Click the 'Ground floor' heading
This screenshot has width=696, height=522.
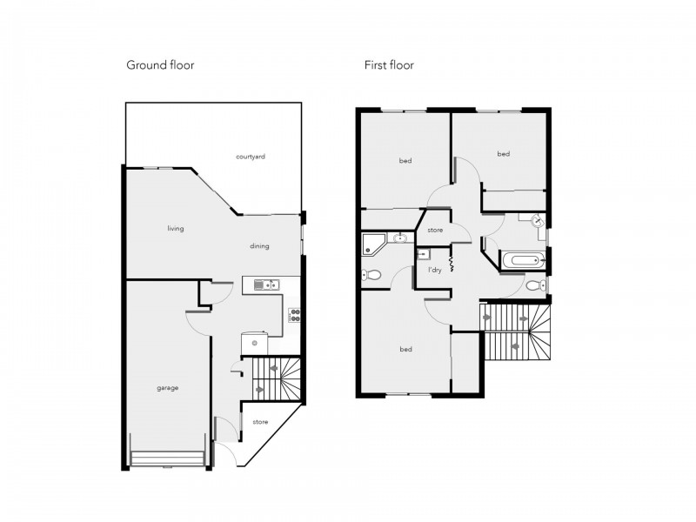tap(160, 65)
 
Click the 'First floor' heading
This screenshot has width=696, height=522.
tap(389, 65)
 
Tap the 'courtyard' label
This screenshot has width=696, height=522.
tap(250, 157)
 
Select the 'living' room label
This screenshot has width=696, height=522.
tap(176, 229)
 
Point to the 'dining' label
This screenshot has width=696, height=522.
tap(259, 246)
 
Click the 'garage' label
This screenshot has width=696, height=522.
tap(167, 388)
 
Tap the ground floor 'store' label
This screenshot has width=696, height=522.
tap(260, 422)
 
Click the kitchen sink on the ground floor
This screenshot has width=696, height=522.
tap(265, 284)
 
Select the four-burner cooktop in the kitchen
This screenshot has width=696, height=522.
tap(294, 316)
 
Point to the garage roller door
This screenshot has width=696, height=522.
tap(167, 458)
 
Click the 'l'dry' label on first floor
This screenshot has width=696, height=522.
tap(434, 271)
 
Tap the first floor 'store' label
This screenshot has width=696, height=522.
tap(435, 231)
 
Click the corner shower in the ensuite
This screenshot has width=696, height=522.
tap(374, 243)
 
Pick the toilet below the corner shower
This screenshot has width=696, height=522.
tap(372, 275)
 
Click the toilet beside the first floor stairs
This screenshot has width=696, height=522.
tap(534, 284)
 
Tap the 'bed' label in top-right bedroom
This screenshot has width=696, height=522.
tap(503, 154)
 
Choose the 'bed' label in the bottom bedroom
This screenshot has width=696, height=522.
tap(405, 350)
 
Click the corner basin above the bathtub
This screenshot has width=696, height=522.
tap(538, 223)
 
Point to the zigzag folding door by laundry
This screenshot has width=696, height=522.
tap(452, 262)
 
